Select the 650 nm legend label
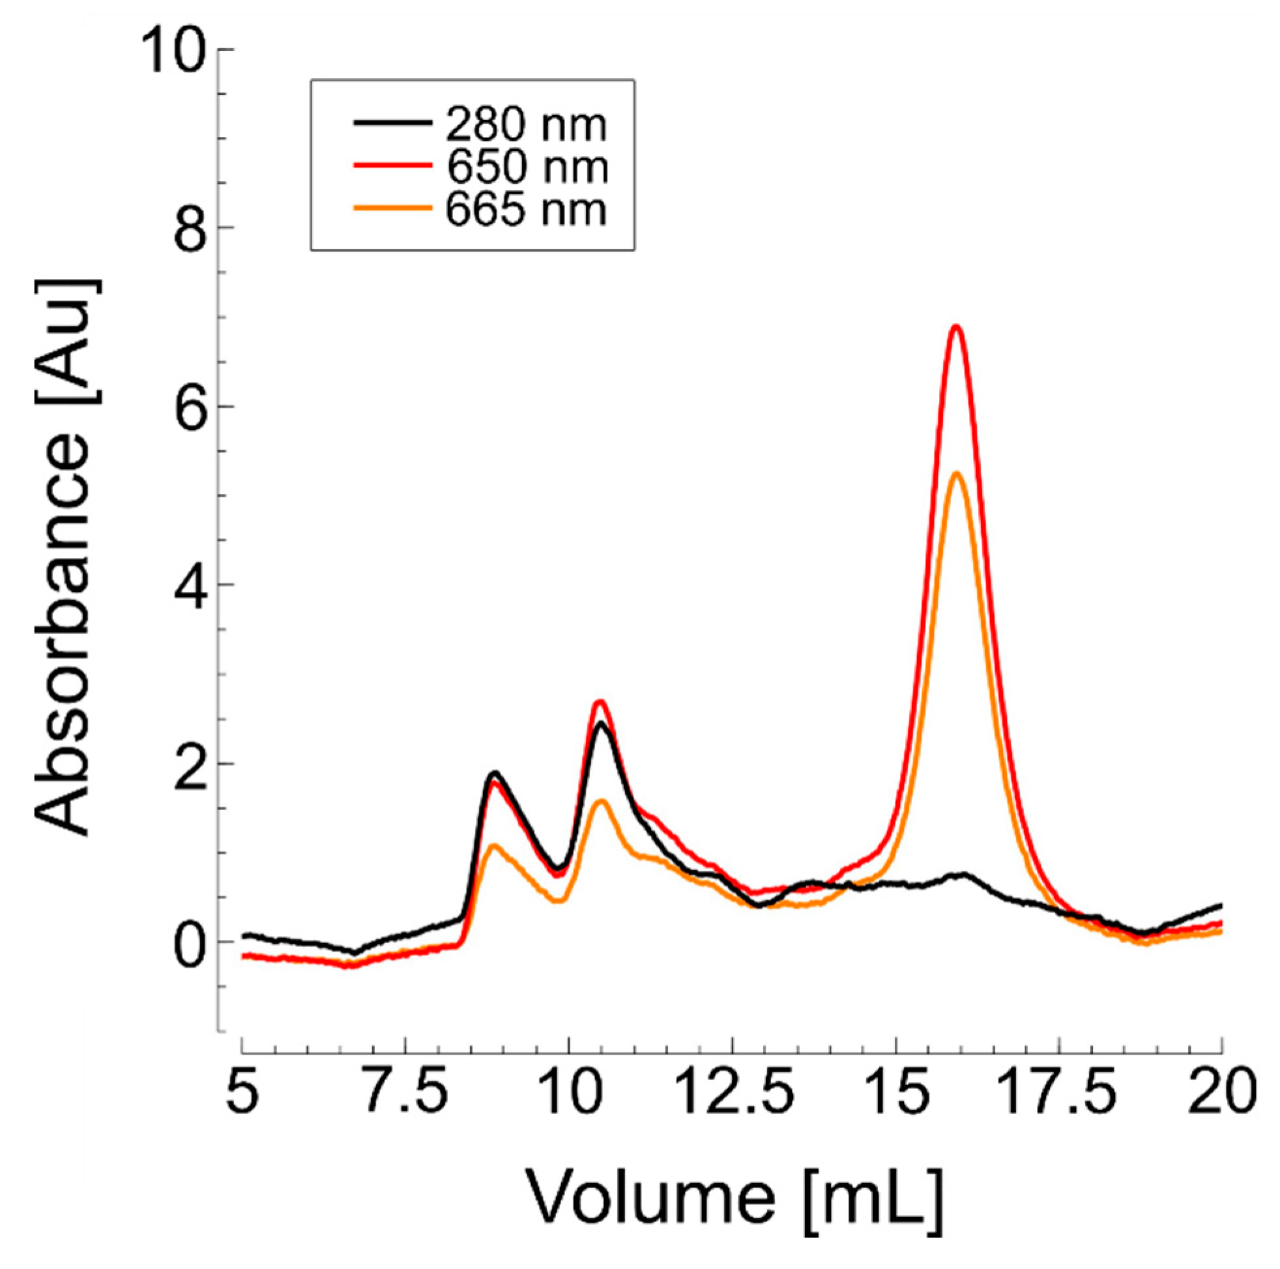coord(527,167)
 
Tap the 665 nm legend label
coord(525,210)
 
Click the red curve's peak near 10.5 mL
coord(600,701)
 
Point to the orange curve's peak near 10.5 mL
coord(601,801)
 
